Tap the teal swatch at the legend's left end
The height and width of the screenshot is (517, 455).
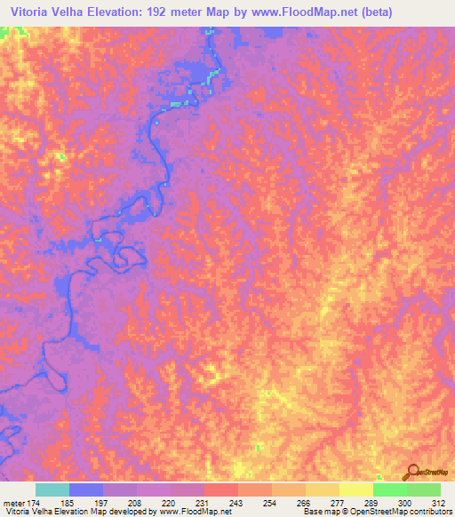point(52,489)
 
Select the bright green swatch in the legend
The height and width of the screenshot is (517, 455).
point(390,489)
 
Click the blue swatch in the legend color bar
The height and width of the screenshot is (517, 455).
point(85,489)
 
